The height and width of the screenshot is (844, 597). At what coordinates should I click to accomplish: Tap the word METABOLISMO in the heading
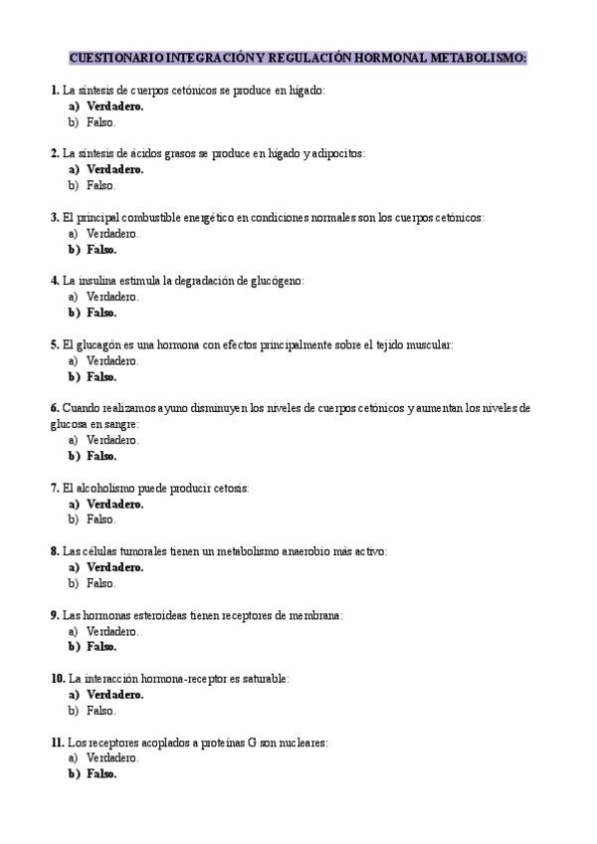point(479,59)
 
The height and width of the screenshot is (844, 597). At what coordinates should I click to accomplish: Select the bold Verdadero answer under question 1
point(114,105)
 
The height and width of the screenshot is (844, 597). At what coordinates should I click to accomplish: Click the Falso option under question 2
point(100,185)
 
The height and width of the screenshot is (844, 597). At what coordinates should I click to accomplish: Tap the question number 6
point(54,408)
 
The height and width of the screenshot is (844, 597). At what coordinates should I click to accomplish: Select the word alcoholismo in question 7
point(115,488)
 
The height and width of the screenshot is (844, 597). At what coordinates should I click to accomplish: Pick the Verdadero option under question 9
point(111,631)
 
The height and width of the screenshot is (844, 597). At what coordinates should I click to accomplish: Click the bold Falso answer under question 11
point(101,774)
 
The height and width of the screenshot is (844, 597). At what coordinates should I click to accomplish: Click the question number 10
point(57,679)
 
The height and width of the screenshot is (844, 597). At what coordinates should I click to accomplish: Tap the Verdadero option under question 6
point(111,440)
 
